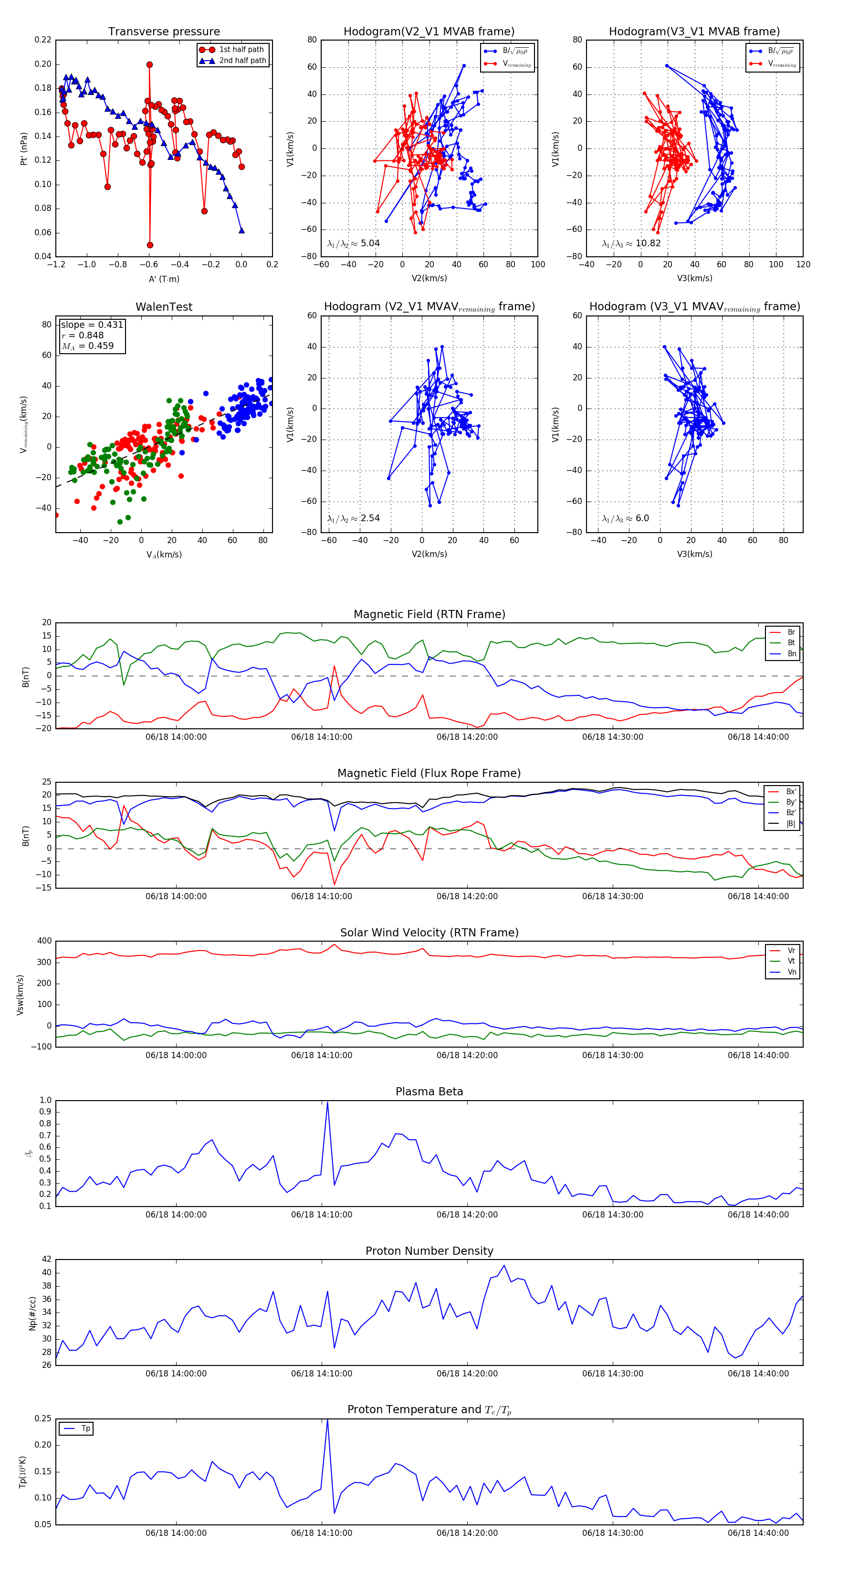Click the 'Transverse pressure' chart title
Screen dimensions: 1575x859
click(164, 32)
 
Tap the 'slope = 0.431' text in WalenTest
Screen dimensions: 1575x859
click(92, 325)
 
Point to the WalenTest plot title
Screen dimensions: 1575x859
click(164, 307)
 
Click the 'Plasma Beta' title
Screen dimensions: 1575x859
click(429, 1092)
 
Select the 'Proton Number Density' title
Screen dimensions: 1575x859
click(429, 1251)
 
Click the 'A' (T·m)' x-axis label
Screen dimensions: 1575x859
click(164, 279)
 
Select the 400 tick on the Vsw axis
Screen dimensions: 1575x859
click(44, 941)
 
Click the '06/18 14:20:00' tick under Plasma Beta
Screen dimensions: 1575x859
click(467, 1215)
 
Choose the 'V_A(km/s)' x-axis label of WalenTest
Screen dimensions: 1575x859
click(164, 555)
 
